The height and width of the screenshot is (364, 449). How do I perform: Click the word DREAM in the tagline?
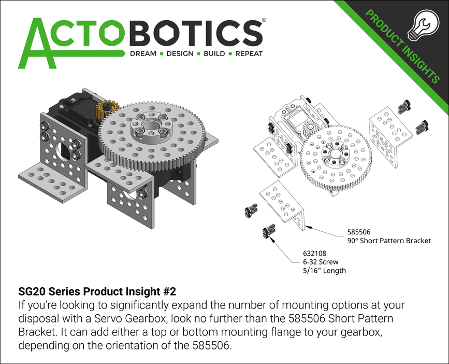tap(143, 54)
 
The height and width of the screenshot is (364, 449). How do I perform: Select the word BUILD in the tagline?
tap(213, 54)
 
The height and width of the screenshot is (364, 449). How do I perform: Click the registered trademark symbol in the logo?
tap(264, 20)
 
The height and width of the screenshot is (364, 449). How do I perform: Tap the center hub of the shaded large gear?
tap(149, 128)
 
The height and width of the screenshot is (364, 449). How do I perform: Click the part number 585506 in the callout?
tap(359, 232)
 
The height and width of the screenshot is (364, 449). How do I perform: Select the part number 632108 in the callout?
tap(314, 254)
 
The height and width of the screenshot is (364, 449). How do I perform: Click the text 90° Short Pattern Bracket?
tap(389, 241)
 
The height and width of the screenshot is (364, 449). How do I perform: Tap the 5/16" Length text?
tap(324, 271)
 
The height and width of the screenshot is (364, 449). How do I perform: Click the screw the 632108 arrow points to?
tap(268, 232)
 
